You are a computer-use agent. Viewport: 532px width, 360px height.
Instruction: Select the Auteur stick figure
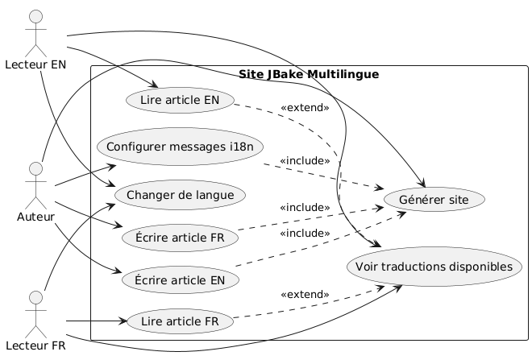click(35, 182)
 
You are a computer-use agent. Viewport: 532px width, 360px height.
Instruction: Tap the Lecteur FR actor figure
click(35, 313)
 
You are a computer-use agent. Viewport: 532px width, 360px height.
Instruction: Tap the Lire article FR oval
click(181, 321)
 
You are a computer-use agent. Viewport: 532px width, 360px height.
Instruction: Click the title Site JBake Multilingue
click(310, 75)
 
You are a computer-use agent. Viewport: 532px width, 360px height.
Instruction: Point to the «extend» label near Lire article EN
click(305, 107)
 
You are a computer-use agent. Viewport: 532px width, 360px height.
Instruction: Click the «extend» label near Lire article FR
click(305, 294)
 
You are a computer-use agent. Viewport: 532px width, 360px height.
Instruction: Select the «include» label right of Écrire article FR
click(305, 208)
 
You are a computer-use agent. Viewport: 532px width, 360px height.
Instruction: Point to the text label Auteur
click(35, 216)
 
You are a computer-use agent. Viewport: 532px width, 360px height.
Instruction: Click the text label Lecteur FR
click(35, 347)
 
